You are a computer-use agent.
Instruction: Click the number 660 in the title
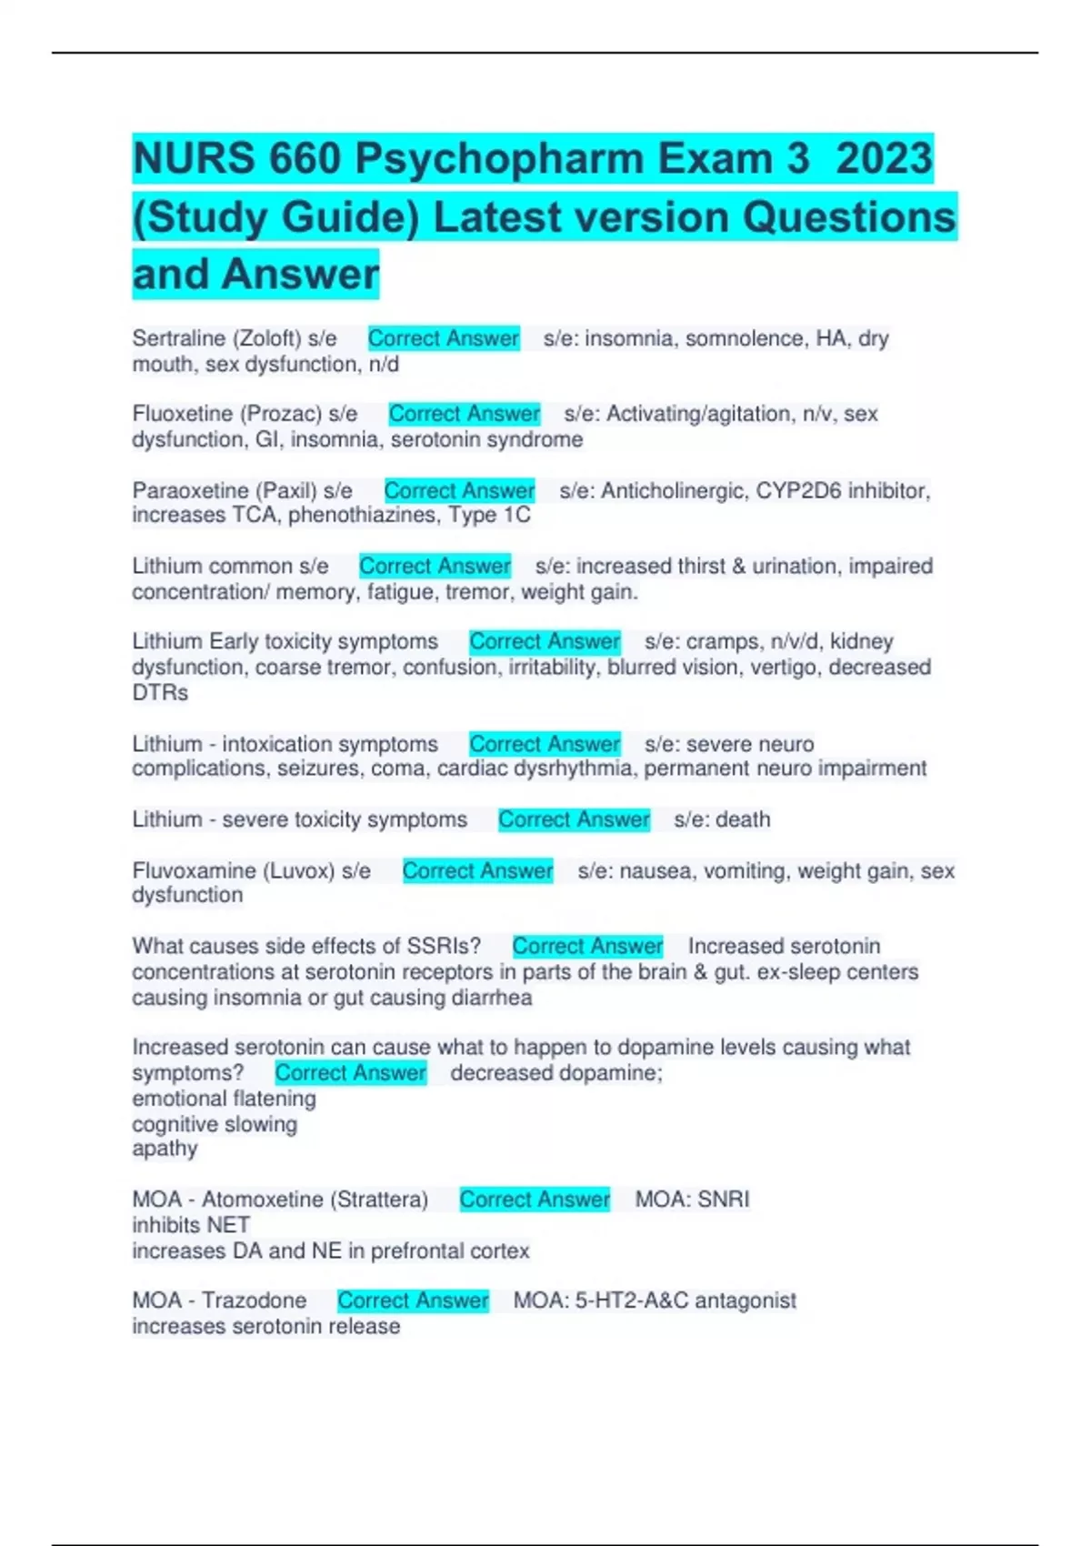(x=305, y=159)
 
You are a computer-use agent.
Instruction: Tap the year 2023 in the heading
(x=884, y=159)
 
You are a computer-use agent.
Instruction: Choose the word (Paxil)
(x=286, y=490)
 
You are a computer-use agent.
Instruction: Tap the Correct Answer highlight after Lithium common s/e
(x=435, y=566)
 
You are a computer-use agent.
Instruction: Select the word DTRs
(x=160, y=693)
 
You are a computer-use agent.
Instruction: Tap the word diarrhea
(x=492, y=998)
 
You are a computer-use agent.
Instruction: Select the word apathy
(x=165, y=1149)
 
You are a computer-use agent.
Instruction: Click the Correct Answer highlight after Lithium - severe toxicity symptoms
(x=574, y=819)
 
